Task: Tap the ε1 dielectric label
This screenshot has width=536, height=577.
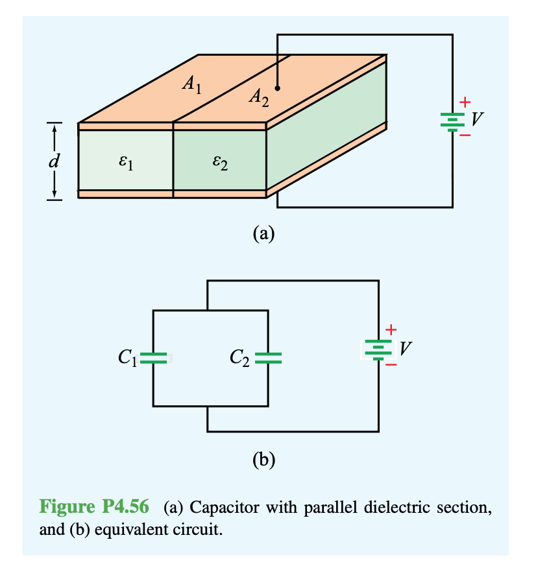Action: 125,161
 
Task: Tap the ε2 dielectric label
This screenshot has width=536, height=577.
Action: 220,161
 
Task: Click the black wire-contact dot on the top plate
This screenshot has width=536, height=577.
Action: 277,88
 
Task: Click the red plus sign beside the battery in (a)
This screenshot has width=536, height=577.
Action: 464,102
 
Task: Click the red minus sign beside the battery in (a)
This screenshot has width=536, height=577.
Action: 465,135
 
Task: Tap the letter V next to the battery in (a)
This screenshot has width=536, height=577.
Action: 478,119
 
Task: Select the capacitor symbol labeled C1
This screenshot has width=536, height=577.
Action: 154,357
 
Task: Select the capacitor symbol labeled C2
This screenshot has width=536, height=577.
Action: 268,357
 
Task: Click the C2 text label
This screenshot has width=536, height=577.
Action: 240,357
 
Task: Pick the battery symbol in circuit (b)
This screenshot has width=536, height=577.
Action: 378,349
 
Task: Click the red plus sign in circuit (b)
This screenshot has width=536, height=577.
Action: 391,329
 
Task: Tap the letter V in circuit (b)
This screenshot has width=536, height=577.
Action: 405,348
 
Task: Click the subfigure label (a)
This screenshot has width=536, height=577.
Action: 263,233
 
